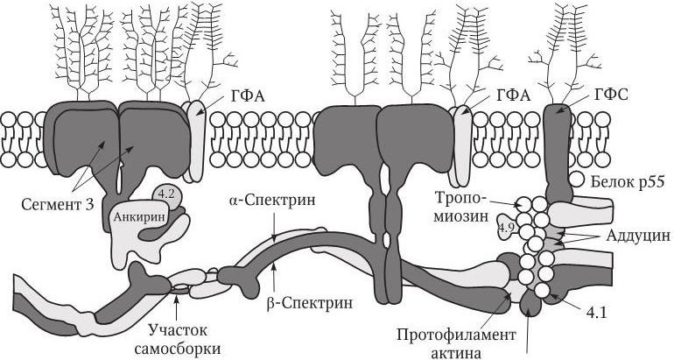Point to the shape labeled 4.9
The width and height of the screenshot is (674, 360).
[506, 228]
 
